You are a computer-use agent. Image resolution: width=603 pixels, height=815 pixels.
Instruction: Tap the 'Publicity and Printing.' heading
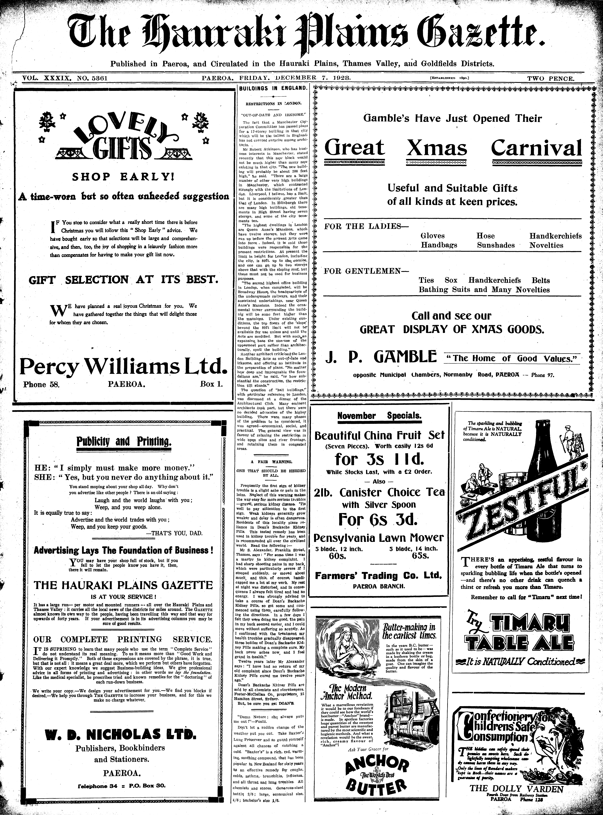(124, 442)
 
